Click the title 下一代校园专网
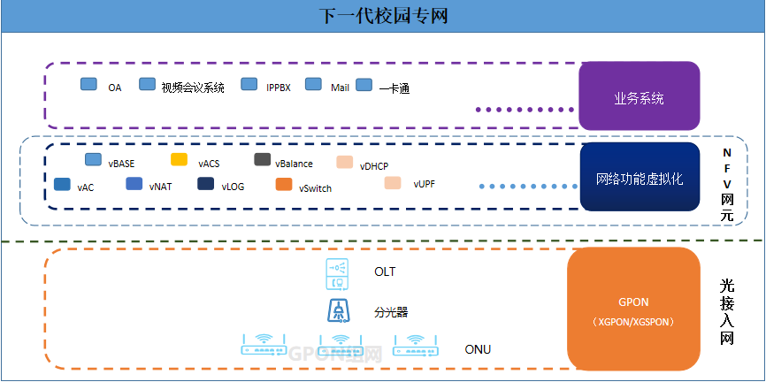[x=382, y=16]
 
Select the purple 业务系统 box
[x=639, y=97]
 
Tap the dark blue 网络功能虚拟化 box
[x=639, y=178]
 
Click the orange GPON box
[x=634, y=309]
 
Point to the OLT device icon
[x=336, y=272]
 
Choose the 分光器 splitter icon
[x=336, y=311]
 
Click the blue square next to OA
[x=88, y=85]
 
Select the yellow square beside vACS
[x=179, y=160]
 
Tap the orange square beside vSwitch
[x=283, y=184]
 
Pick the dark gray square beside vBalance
[x=262, y=160]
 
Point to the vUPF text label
[x=424, y=184]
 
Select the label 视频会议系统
[x=193, y=88]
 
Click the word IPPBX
[x=279, y=88]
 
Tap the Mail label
[x=341, y=88]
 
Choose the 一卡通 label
[x=394, y=88]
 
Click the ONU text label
[x=478, y=349]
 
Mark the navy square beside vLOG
[x=205, y=184]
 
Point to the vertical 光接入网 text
[x=727, y=313]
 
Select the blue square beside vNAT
[x=134, y=184]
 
